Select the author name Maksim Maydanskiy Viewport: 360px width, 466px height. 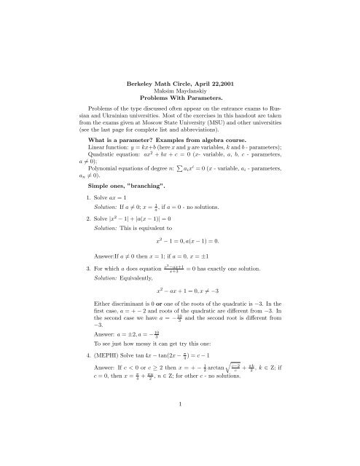[x=179, y=75]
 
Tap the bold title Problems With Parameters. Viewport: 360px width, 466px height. [x=179, y=83]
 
